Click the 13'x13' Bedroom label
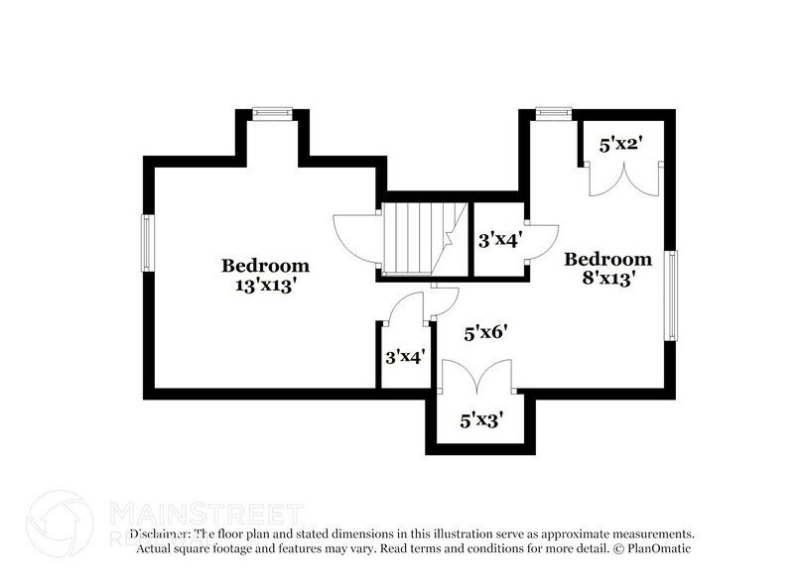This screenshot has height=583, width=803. click(x=265, y=275)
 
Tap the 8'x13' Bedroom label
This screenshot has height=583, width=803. click(x=608, y=269)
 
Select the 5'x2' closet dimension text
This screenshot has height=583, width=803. click(x=620, y=145)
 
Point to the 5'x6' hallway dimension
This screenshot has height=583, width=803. click(x=486, y=333)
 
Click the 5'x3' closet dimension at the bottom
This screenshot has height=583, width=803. click(x=481, y=420)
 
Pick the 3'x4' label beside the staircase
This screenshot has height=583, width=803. click(x=499, y=240)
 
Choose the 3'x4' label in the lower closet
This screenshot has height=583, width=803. click(x=405, y=355)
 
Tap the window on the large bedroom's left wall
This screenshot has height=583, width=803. click(x=147, y=242)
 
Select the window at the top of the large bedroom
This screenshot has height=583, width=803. click(x=270, y=114)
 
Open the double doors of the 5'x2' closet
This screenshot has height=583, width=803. click(x=622, y=180)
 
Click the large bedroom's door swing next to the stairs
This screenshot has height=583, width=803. click(x=355, y=237)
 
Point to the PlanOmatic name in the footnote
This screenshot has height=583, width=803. click(x=656, y=548)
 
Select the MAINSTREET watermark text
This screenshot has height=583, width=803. click(x=204, y=514)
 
